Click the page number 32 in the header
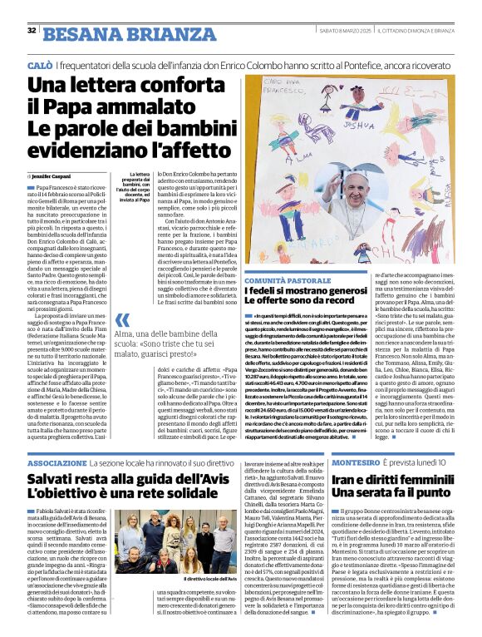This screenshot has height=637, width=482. pyautogui.click(x=32, y=31)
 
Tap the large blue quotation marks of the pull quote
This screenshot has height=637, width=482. pyautogui.click(x=123, y=320)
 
